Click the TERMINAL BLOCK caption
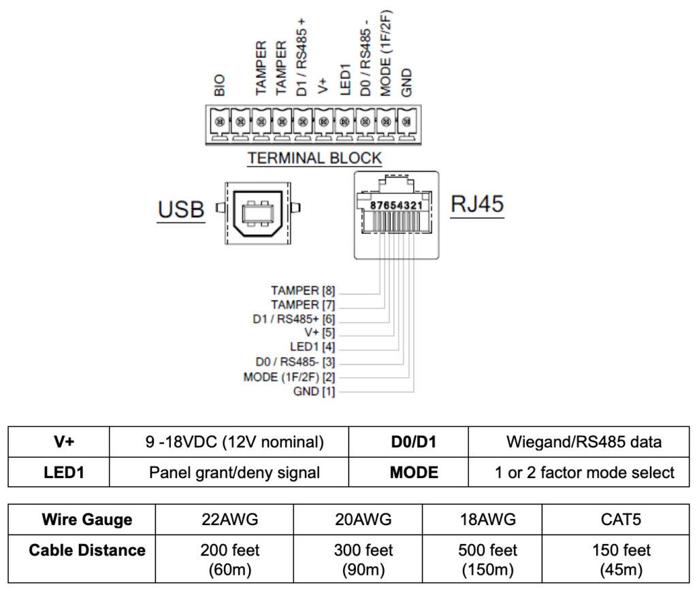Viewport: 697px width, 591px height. [314, 158]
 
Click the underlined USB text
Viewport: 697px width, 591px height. [181, 211]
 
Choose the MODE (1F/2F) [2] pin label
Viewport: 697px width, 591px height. [289, 377]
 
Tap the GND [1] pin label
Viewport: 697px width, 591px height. [313, 391]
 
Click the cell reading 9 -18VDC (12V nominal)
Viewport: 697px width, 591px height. [229, 442]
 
